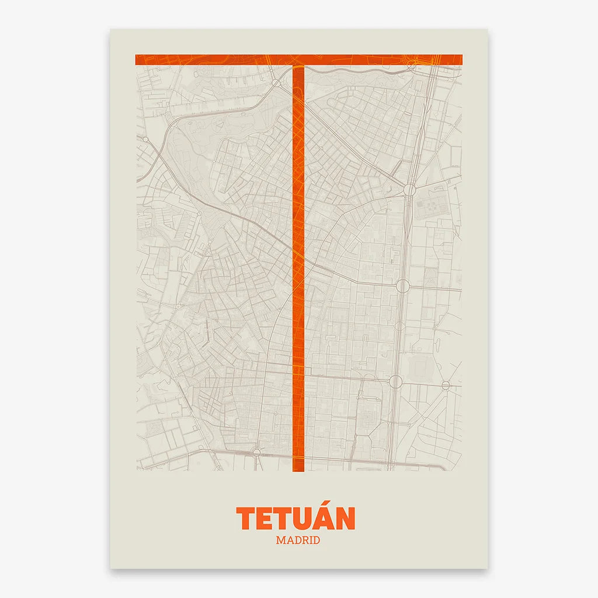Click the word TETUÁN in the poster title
click(295, 518)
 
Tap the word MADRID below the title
click(298, 540)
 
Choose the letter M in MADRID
click(281, 540)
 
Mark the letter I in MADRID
click(312, 540)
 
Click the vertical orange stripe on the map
click(298, 263)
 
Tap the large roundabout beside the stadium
click(396, 382)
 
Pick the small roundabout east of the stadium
click(446, 385)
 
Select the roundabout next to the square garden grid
click(409, 190)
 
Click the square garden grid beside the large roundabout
click(426, 207)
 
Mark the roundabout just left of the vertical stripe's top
click(276, 83)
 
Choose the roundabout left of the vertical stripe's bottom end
click(256, 451)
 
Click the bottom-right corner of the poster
click(487, 568)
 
